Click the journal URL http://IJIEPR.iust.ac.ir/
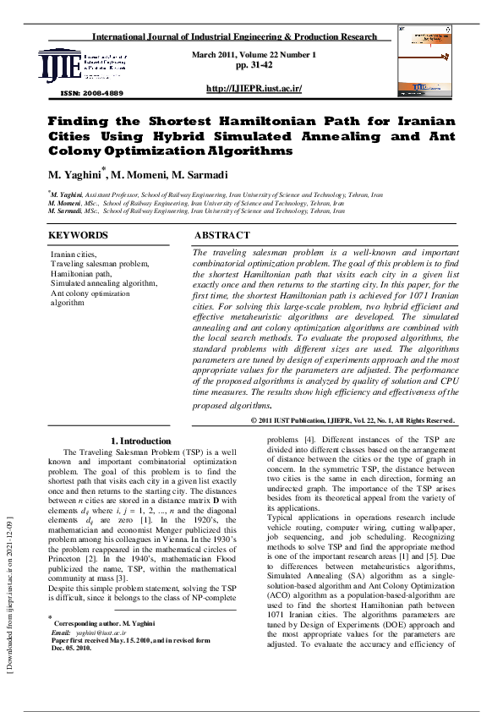pyautogui.click(x=254, y=89)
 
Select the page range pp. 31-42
pyautogui.click(x=254, y=64)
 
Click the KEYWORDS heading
pyautogui.click(x=79, y=235)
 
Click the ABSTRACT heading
pyautogui.click(x=221, y=235)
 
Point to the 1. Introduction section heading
pyautogui.click(x=141, y=441)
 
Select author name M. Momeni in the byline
pyautogui.click(x=142, y=175)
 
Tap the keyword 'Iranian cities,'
pyautogui.click(x=74, y=254)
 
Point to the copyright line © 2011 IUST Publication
pyautogui.click(x=353, y=420)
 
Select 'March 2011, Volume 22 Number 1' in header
pyautogui.click(x=254, y=54)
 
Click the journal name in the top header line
pyautogui.click(x=233, y=38)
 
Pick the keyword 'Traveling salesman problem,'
pyautogui.click(x=99, y=264)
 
